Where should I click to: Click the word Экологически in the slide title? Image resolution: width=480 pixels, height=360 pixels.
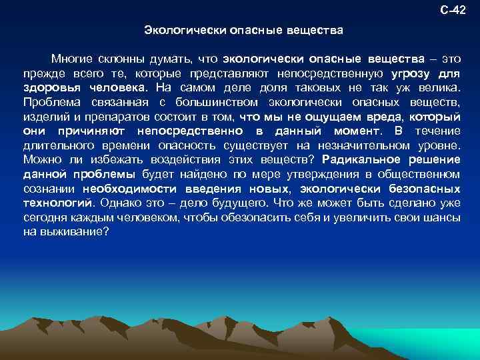(175, 31)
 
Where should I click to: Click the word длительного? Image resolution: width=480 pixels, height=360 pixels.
(61, 145)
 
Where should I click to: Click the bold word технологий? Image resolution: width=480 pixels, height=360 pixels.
(59, 203)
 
